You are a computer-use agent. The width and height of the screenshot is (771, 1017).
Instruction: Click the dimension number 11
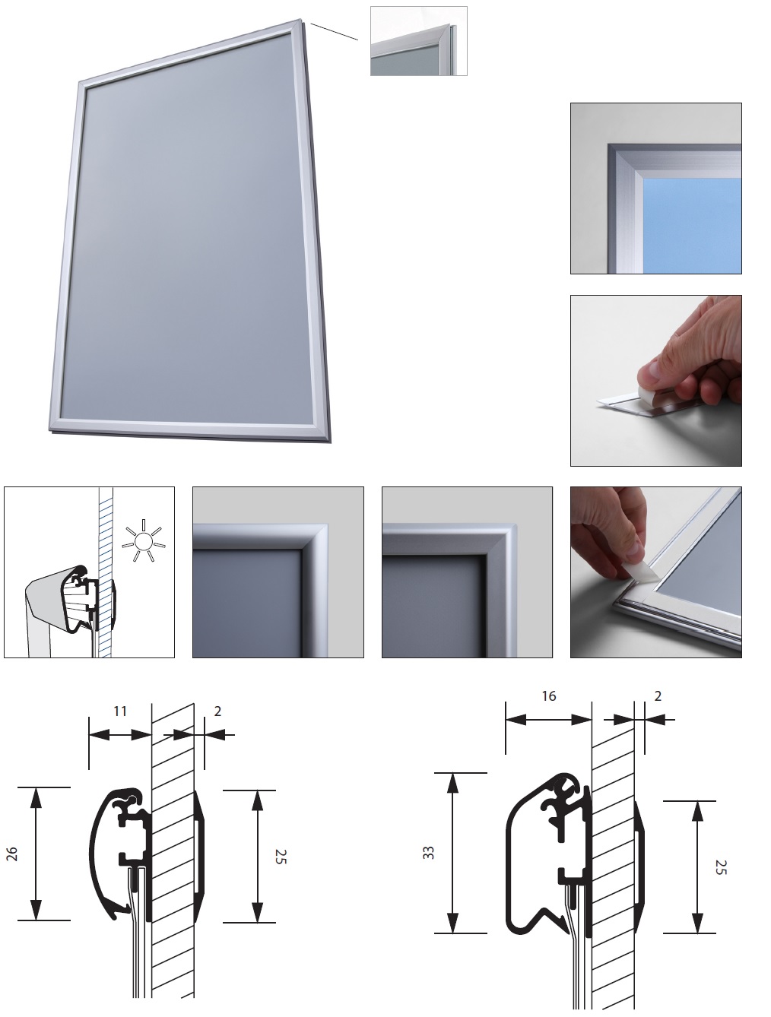click(x=120, y=711)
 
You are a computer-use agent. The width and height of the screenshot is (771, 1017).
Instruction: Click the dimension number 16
click(x=549, y=696)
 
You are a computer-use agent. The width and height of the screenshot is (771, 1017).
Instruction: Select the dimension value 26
click(x=12, y=854)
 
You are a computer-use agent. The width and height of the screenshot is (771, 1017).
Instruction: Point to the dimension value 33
click(x=429, y=853)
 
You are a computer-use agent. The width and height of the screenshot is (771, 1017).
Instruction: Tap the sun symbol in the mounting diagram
click(x=143, y=540)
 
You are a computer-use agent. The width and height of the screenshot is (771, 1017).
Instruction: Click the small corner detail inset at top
click(x=418, y=41)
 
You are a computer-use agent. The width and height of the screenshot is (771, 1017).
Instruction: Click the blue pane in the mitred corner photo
click(x=692, y=226)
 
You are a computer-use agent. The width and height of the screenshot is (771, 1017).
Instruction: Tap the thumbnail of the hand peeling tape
click(x=655, y=380)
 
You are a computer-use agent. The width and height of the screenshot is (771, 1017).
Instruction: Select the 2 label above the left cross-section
click(x=217, y=711)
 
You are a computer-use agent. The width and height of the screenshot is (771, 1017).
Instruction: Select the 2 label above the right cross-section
click(x=658, y=696)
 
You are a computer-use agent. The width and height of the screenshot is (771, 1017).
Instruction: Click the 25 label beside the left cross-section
click(x=281, y=857)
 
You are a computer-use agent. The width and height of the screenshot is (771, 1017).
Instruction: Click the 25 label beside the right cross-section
click(x=721, y=867)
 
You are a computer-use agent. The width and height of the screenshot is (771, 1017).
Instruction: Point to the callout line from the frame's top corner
click(x=334, y=31)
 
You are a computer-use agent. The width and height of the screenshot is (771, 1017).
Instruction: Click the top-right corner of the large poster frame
click(x=302, y=21)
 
